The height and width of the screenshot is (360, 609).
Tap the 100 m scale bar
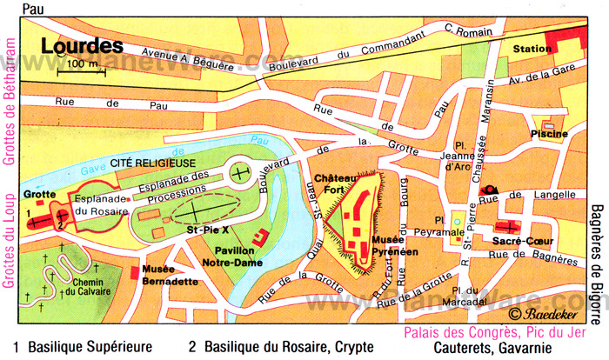80,70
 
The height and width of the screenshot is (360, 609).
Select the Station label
532,49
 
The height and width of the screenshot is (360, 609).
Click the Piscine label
549,133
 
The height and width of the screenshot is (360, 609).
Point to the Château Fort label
336,183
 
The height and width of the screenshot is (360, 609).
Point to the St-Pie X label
206,230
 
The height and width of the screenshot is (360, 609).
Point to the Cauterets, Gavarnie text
494,347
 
